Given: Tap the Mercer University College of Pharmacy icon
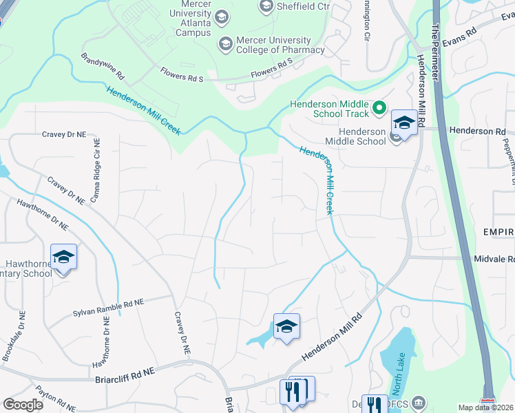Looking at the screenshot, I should tap(224, 45).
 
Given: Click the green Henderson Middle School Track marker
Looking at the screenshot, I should tap(378, 108).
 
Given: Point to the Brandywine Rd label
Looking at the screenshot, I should tap(102, 65).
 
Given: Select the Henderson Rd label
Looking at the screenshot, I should tap(477, 131).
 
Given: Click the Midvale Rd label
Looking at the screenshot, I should tap(494, 258).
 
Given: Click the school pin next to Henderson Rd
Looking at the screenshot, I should tap(404, 124).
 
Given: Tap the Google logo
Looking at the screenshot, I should tap(23, 405).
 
